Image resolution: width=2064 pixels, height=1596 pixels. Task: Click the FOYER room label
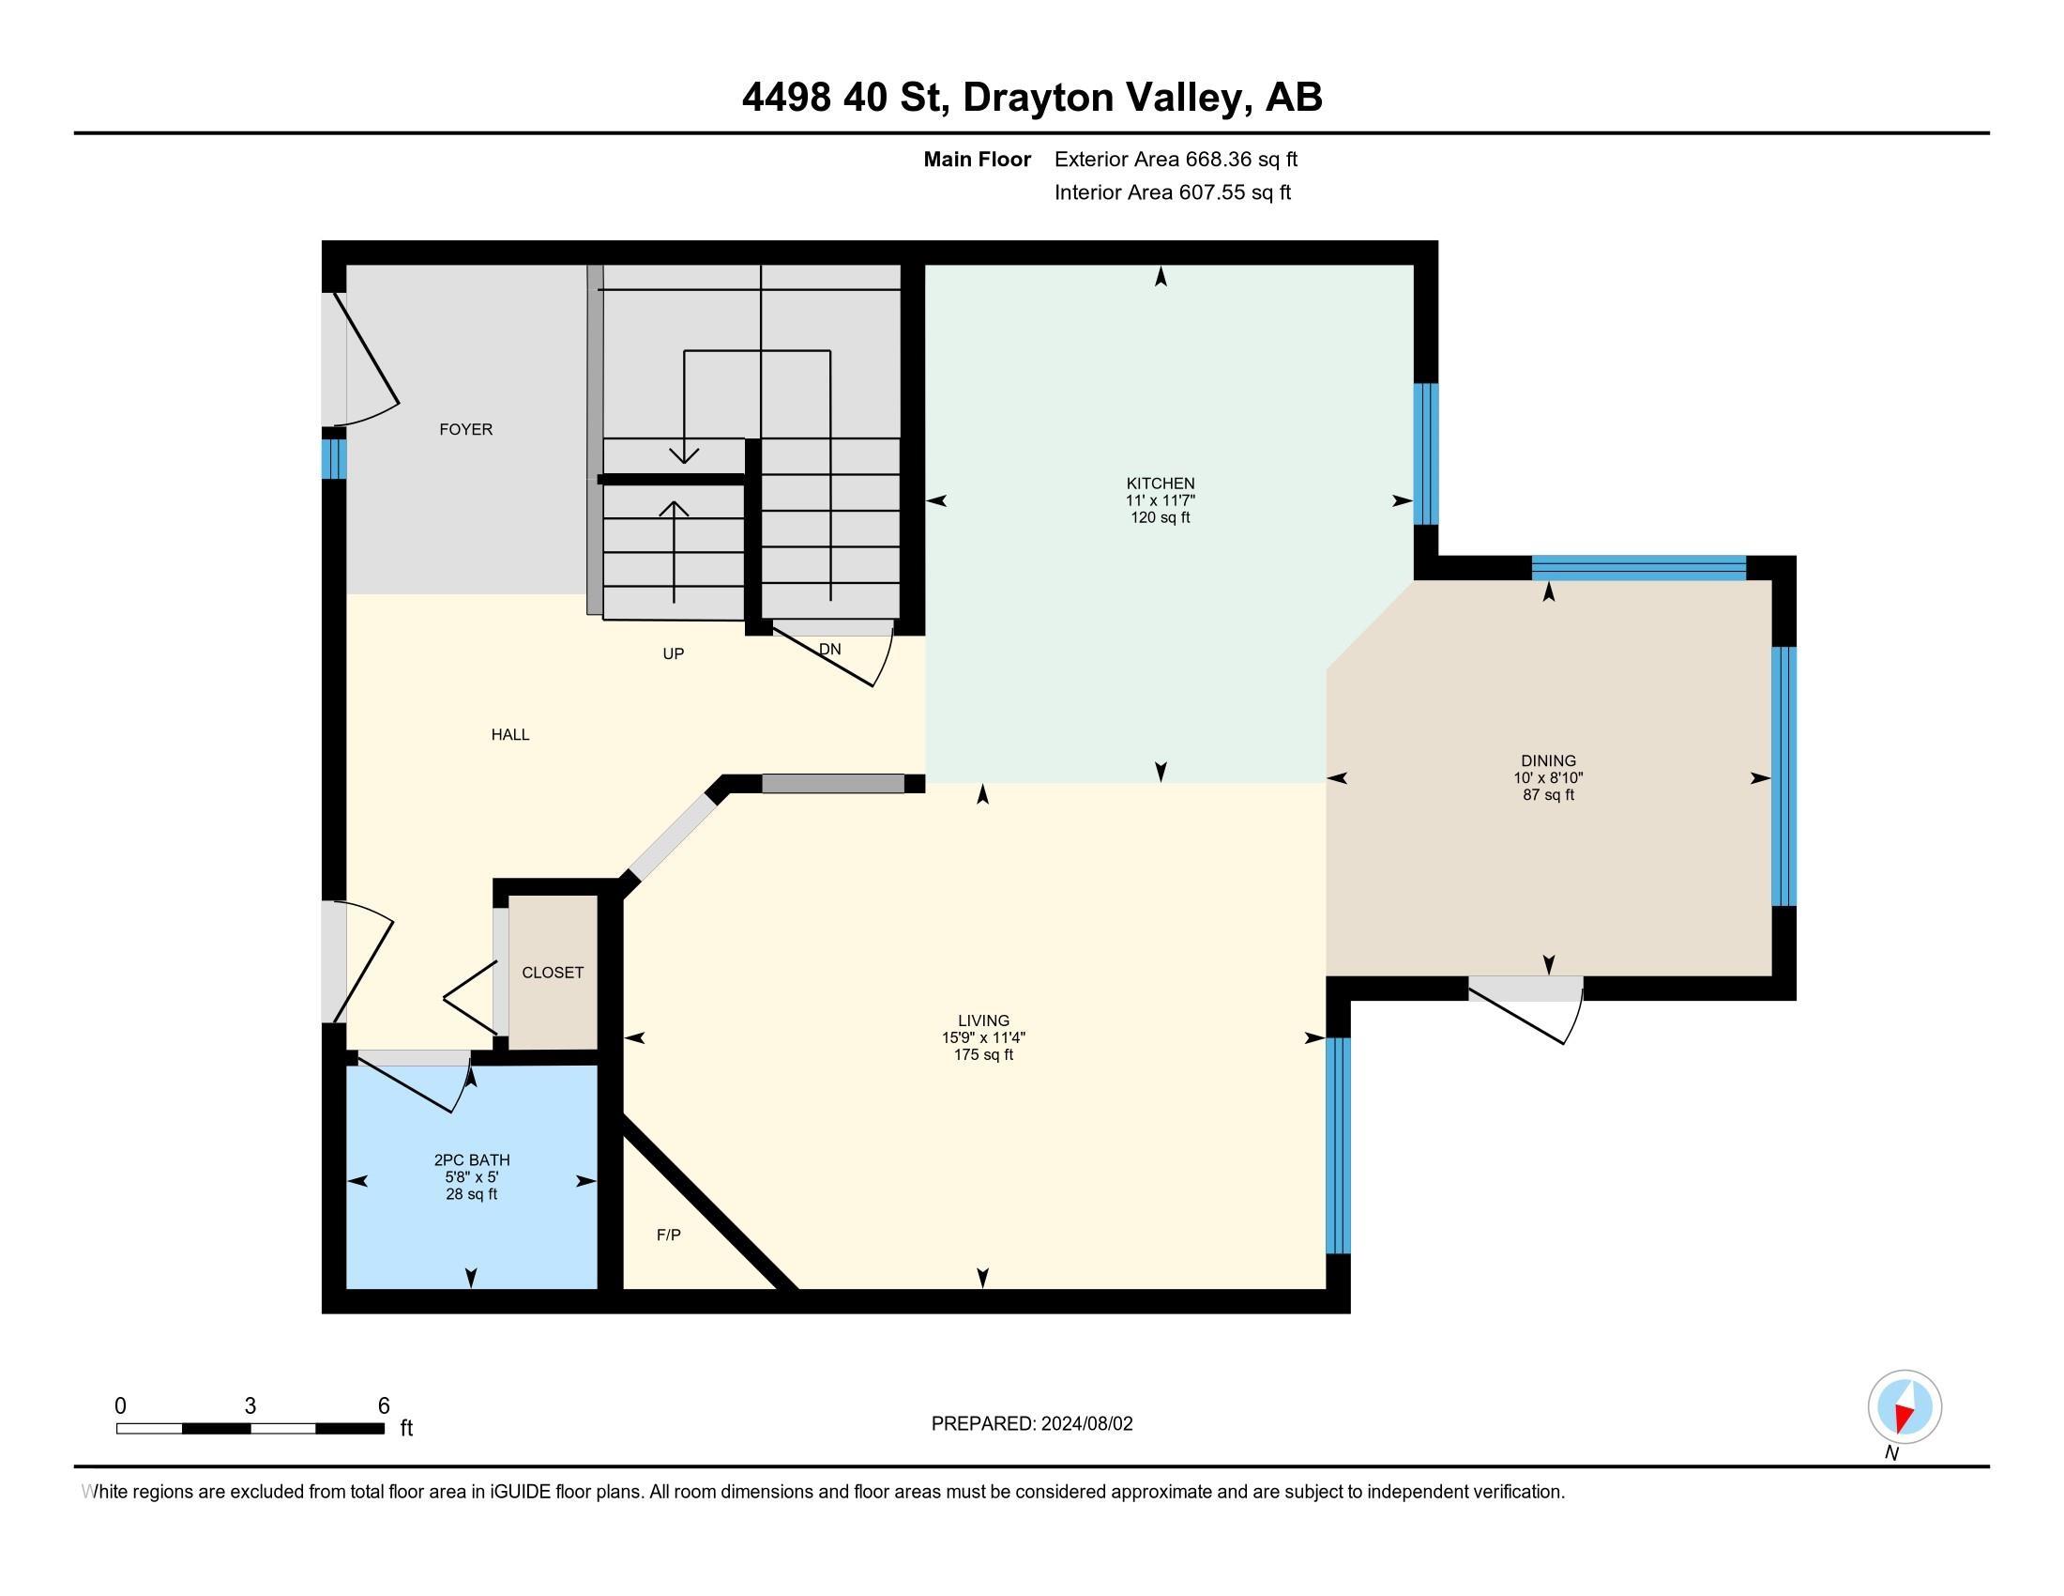466,429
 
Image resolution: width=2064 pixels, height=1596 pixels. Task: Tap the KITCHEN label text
1161,483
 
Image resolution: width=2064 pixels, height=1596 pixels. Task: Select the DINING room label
1548,760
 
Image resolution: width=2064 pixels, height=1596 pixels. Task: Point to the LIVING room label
983,1021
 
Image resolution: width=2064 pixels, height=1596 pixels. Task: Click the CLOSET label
553,972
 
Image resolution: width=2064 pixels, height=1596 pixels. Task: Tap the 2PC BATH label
472,1160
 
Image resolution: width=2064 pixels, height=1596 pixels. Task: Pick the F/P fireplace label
669,1235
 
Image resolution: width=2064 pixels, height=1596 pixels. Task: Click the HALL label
510,735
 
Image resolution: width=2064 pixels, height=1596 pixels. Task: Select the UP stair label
673,653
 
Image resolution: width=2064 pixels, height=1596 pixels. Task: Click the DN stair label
829,649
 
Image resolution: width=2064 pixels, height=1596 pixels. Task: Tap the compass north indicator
1905,1407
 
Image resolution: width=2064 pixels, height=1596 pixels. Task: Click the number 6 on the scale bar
384,1405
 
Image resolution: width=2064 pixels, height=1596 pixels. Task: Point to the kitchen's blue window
1426,453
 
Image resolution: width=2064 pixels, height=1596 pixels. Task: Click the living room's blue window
1338,1145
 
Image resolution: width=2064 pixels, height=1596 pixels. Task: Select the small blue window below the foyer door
334,458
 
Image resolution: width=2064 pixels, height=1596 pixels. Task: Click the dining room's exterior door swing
1526,1010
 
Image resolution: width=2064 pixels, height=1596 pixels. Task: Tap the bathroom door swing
414,1080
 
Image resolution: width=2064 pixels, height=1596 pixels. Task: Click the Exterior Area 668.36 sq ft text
1176,160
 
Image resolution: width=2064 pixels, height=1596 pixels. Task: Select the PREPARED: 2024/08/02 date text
1032,1424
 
